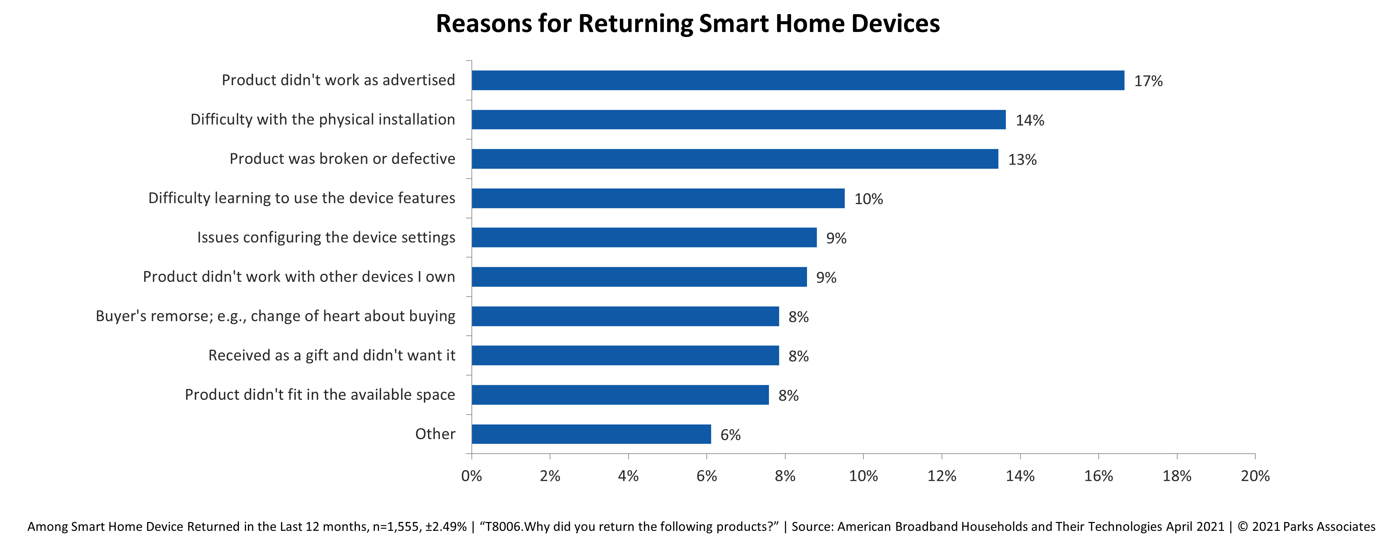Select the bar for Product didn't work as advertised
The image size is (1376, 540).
pos(798,81)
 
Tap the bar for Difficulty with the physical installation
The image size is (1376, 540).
pos(739,120)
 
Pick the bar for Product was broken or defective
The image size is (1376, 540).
pos(735,159)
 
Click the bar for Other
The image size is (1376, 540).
pos(591,434)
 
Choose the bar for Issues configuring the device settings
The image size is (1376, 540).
pos(644,238)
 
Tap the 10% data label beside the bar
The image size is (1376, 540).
pos(868,199)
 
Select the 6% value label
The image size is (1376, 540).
pos(730,435)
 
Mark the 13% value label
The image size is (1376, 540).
pos(1022,160)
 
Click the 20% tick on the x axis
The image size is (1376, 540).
pos(1255,476)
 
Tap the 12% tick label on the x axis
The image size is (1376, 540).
pos(941,476)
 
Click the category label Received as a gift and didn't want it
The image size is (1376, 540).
pos(332,355)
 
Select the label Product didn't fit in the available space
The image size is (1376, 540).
pos(320,395)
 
